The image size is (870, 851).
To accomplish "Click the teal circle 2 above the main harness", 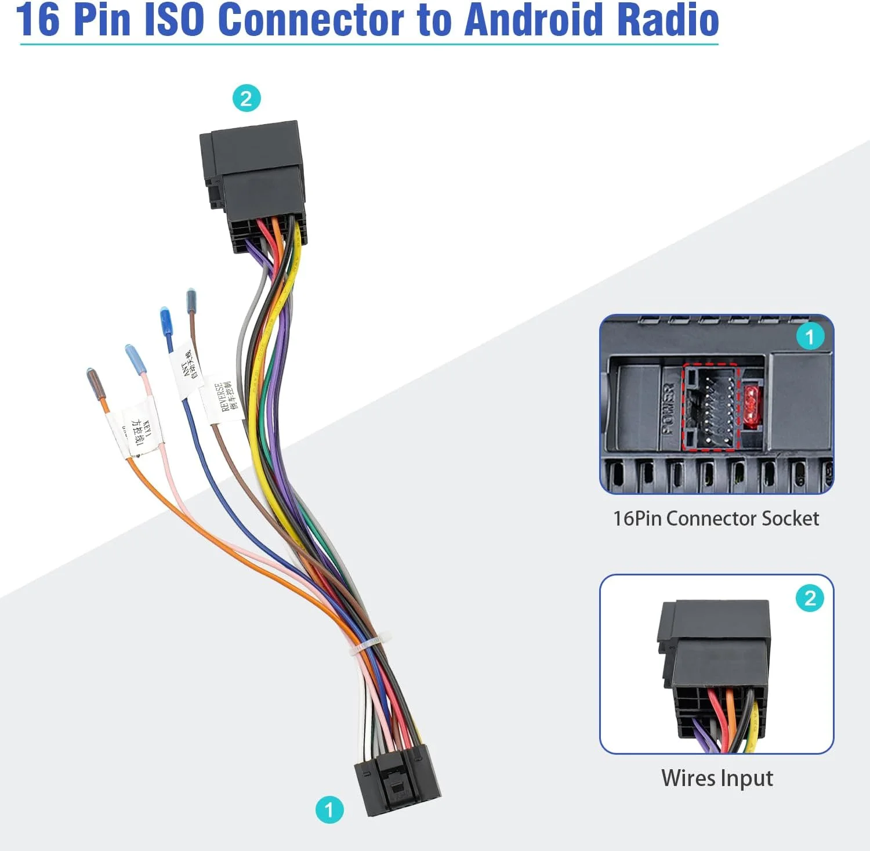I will click(246, 99).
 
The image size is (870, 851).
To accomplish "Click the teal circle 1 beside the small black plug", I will click(329, 809).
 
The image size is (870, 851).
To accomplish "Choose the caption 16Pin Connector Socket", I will click(716, 518).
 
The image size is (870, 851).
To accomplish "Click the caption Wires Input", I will click(717, 778).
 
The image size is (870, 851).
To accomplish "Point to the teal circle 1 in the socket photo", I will click(810, 336).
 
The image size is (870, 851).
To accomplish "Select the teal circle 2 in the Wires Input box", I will click(810, 598).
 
